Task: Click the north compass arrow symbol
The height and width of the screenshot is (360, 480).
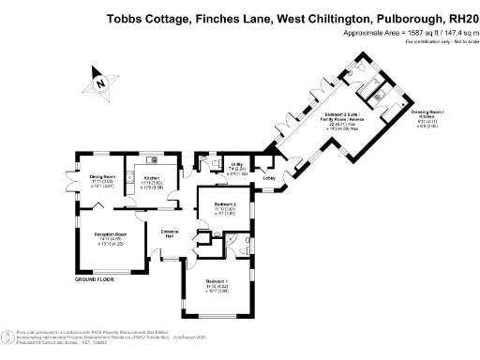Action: point(100,82)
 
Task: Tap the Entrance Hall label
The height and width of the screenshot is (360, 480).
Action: point(170,232)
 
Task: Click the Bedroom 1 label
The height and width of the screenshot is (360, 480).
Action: point(217,282)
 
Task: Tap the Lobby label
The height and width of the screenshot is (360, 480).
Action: point(268,177)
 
